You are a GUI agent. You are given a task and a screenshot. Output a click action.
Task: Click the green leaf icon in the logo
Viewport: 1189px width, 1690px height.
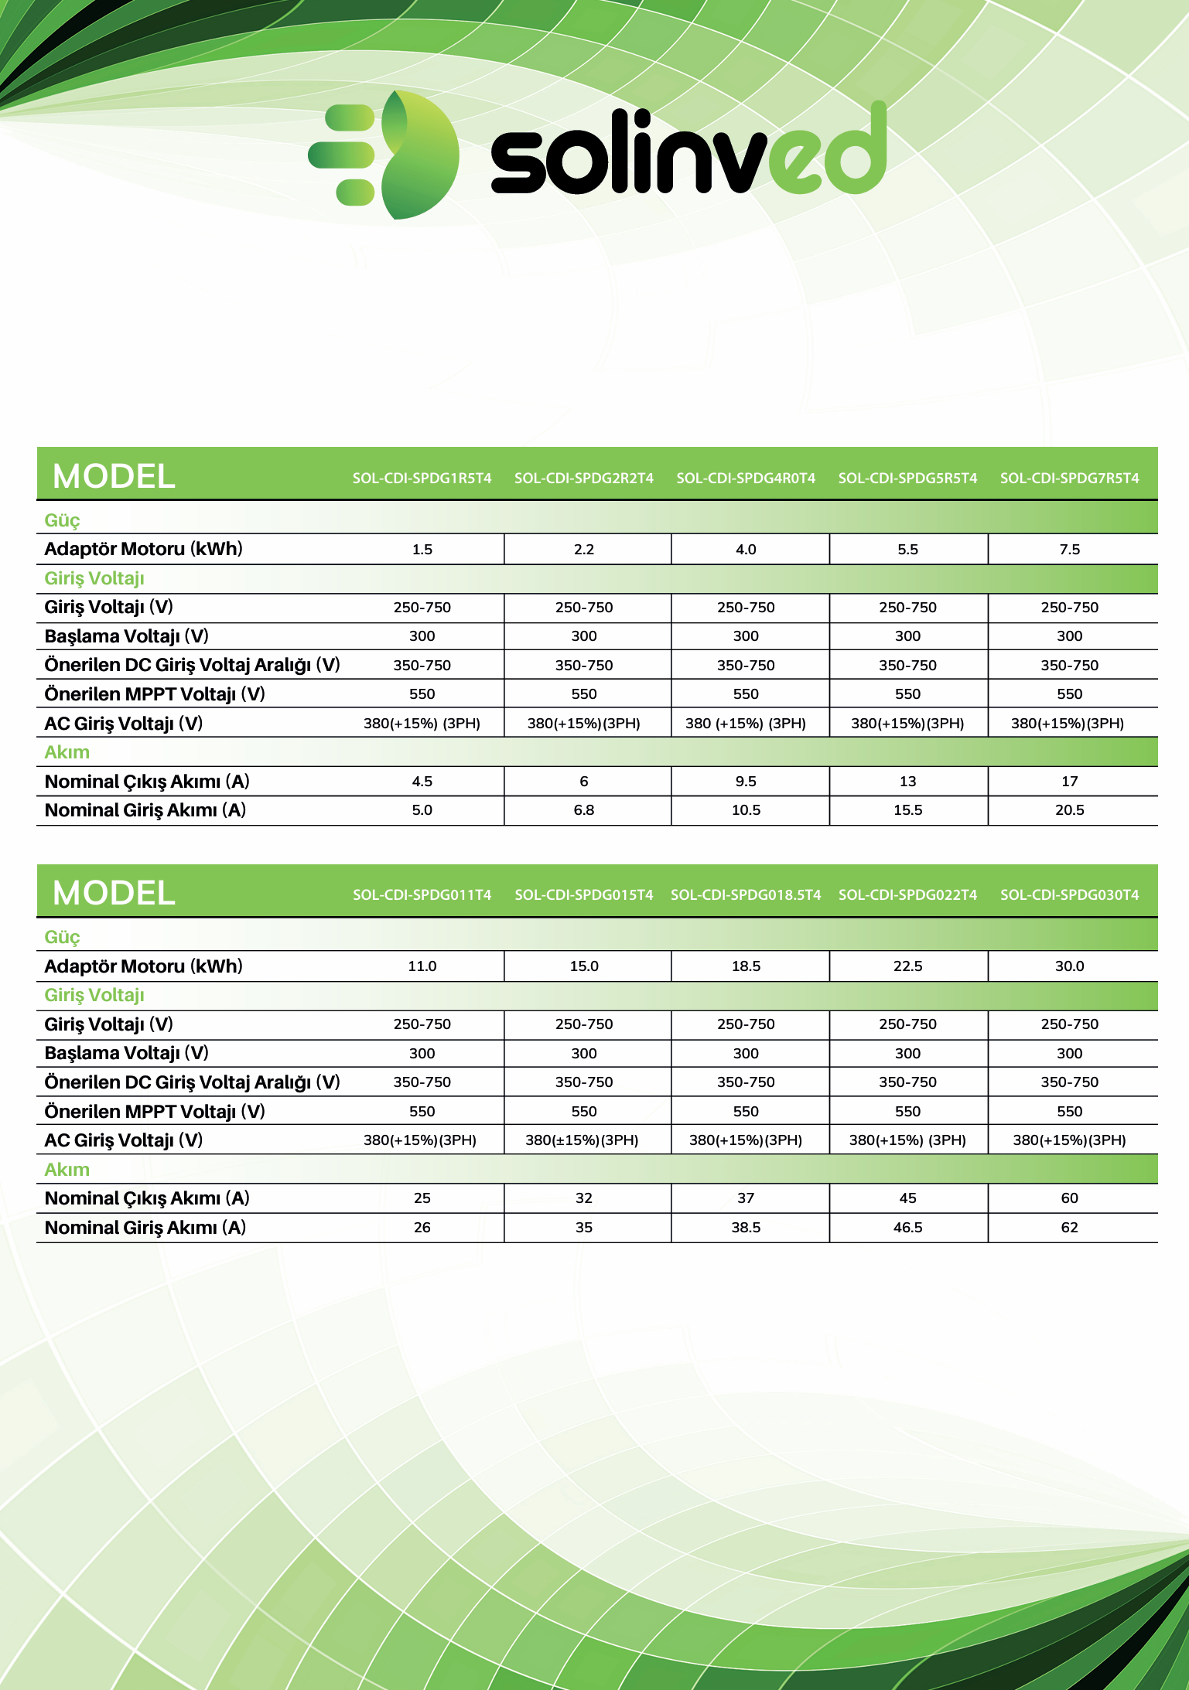click(418, 155)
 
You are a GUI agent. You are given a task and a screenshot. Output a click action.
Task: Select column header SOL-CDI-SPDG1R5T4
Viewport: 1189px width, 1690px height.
click(422, 478)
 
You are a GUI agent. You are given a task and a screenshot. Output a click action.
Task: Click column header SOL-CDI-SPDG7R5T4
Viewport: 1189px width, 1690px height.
click(1069, 478)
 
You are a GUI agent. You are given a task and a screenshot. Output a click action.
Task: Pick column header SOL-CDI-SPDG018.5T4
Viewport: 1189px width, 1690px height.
click(746, 894)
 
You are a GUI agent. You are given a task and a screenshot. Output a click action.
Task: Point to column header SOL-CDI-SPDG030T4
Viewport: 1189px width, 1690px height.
click(1069, 894)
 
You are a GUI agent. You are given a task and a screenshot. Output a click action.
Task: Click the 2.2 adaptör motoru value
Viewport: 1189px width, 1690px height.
click(584, 550)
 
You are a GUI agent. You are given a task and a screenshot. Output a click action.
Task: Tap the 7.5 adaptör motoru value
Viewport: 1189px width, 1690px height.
click(1069, 550)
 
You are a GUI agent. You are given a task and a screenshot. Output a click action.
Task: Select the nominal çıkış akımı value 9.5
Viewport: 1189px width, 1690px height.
click(746, 782)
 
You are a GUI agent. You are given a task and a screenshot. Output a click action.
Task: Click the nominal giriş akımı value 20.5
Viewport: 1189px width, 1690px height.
click(1069, 810)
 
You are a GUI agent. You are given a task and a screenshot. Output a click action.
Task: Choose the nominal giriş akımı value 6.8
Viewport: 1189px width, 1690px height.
click(584, 810)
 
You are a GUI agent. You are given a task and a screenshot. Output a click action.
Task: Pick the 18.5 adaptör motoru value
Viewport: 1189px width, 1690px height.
click(746, 966)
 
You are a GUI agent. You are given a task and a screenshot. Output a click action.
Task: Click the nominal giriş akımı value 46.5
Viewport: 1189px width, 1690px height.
click(907, 1228)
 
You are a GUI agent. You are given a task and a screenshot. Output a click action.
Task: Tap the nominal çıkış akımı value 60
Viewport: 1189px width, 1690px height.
click(1069, 1198)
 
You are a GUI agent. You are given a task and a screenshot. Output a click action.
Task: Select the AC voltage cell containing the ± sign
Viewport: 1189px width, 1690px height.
click(582, 1140)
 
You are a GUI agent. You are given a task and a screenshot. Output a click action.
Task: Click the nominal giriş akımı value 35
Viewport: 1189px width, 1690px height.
click(584, 1228)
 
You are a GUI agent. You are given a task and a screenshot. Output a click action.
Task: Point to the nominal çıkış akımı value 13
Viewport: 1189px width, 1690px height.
click(907, 782)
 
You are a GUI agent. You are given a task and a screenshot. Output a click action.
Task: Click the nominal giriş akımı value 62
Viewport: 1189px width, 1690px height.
click(1069, 1228)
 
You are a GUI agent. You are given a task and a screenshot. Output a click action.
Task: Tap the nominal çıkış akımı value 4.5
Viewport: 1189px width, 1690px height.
click(422, 782)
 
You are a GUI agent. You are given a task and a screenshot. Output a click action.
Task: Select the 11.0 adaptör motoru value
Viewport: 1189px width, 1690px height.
click(422, 966)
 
